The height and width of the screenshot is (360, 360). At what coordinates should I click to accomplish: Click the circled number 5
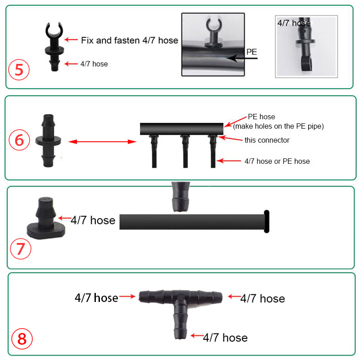click(x=19, y=70)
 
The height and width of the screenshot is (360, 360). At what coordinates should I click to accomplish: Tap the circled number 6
click(x=19, y=140)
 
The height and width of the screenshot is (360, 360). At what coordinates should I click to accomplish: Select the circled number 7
click(x=21, y=249)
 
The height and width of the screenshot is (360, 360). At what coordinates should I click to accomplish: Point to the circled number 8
click(x=22, y=339)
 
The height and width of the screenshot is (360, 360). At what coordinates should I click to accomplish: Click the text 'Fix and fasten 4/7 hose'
click(x=130, y=40)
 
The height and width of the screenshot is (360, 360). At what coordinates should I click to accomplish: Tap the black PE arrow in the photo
click(x=242, y=58)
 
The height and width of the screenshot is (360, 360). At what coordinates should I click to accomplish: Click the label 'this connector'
click(x=267, y=140)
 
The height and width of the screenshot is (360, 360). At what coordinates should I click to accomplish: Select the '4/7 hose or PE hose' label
click(x=277, y=161)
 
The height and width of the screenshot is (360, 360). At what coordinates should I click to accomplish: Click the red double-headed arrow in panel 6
click(x=103, y=142)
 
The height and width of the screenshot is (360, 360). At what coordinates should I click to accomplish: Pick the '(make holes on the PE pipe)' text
click(x=278, y=126)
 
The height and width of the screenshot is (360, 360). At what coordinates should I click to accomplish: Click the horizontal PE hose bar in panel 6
click(x=182, y=129)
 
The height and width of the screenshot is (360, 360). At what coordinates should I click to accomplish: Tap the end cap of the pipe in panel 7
click(x=266, y=221)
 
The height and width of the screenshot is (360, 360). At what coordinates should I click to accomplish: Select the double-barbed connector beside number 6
click(x=48, y=140)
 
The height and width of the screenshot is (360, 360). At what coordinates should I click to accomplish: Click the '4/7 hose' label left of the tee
click(x=96, y=298)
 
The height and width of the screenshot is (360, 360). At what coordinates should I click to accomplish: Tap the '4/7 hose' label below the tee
click(x=225, y=338)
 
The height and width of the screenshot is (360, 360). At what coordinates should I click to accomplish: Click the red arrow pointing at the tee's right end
click(x=234, y=297)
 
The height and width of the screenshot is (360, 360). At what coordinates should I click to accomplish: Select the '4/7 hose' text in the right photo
click(x=294, y=23)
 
